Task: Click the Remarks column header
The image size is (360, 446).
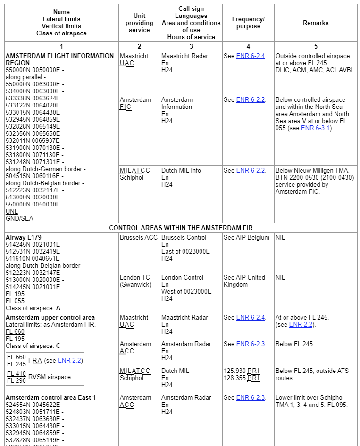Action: coord(316,23)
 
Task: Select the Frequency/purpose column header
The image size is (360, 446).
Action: coord(248,23)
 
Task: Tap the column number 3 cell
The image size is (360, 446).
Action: coord(191,46)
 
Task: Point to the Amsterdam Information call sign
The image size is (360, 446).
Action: coord(177,103)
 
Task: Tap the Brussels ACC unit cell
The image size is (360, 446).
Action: coord(139,238)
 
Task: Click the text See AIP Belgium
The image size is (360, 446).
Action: coord(247,238)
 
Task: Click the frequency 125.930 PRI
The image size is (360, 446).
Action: coord(242,371)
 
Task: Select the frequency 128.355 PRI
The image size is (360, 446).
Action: coord(242,378)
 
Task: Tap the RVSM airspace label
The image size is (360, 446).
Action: coord(50,377)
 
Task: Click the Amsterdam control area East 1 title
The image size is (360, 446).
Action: coord(51,398)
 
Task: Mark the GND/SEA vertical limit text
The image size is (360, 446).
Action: coord(19,219)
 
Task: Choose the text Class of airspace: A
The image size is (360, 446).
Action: coord(33,308)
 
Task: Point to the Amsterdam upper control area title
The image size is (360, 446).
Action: coord(50,318)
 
